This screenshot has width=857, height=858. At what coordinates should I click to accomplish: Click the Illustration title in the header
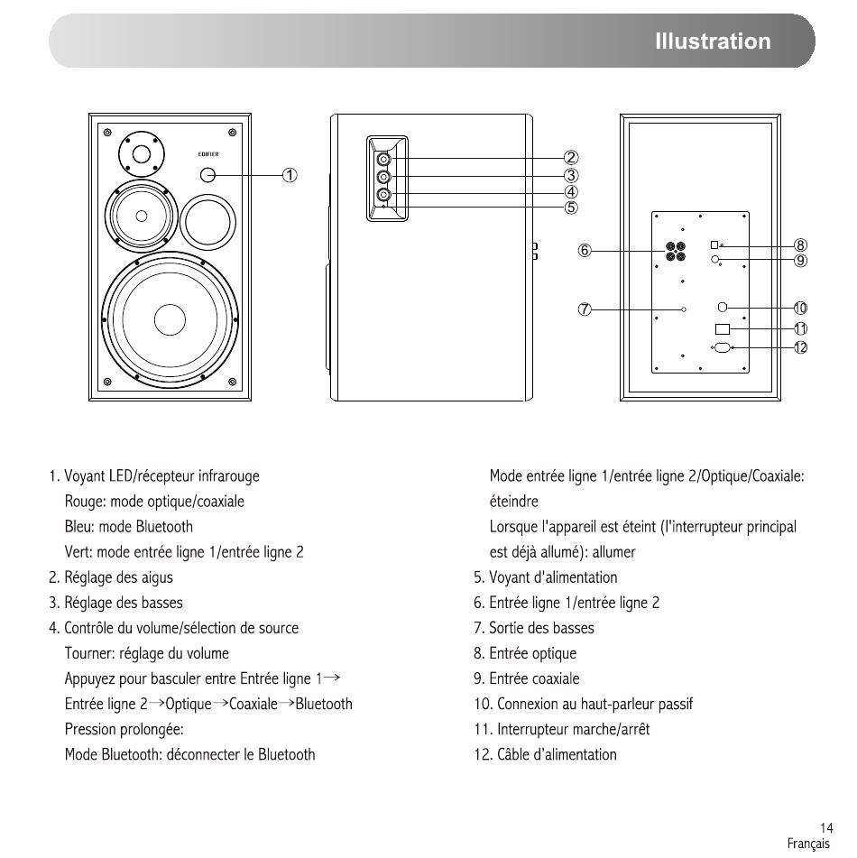point(713,41)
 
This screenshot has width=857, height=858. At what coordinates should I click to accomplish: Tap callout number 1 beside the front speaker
point(290,175)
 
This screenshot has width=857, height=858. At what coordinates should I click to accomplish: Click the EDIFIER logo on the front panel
point(208,154)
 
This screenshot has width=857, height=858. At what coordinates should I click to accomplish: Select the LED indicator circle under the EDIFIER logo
point(208,174)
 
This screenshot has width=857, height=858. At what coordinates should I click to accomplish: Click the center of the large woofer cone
point(170,319)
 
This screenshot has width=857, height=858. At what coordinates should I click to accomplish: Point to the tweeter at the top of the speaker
point(142,154)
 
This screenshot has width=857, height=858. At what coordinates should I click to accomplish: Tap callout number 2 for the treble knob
point(571,158)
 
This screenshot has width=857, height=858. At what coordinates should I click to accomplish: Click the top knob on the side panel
point(383,159)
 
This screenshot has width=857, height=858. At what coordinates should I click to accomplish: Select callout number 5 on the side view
point(571,208)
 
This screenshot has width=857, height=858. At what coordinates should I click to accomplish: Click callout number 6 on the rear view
point(585,251)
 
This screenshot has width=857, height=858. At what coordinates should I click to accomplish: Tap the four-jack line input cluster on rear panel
point(676,251)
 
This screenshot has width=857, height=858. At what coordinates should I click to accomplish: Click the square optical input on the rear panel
point(714,244)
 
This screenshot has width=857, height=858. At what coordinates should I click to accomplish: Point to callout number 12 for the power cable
point(800,347)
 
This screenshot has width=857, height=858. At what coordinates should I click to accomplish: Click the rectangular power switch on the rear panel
point(723,329)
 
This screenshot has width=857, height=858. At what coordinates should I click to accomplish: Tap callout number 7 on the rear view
point(585,309)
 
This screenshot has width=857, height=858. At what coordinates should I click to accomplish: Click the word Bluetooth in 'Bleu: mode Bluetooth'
point(164,526)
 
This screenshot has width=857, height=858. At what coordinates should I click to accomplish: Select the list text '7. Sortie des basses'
point(534,628)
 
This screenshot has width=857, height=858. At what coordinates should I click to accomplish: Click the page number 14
point(826,827)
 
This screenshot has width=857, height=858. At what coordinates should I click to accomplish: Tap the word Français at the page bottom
point(808,844)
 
